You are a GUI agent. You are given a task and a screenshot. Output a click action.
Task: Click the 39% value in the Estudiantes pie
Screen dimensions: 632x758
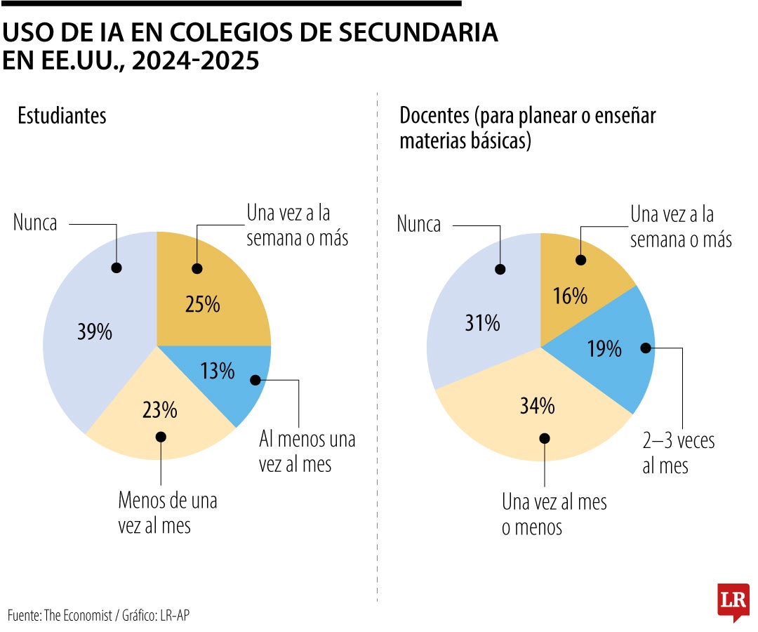tap(95, 331)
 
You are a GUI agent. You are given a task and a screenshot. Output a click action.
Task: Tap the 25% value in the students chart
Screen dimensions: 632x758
tap(203, 304)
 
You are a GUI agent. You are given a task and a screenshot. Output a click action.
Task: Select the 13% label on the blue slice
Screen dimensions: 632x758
tap(218, 371)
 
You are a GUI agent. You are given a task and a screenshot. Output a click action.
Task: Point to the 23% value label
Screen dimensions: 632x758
tap(160, 409)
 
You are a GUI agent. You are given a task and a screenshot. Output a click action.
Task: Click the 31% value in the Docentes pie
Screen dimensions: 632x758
tap(482, 323)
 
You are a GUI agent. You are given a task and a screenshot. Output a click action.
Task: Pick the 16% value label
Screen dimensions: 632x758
tap(570, 296)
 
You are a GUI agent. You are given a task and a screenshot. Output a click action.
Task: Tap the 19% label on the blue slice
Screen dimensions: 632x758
tap(604, 348)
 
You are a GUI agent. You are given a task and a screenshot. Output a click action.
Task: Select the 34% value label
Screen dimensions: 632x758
tap(538, 405)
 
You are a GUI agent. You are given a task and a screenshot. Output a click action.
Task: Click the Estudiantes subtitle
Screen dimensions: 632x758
tap(62, 115)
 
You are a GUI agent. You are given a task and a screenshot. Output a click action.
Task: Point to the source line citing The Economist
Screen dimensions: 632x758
tap(99, 615)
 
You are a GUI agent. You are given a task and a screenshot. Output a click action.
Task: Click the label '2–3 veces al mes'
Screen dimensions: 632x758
tap(678, 453)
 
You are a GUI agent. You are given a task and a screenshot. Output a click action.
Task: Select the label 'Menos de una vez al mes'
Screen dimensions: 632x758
tap(168, 513)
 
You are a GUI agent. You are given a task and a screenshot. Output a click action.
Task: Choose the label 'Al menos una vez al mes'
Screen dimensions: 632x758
tap(307, 452)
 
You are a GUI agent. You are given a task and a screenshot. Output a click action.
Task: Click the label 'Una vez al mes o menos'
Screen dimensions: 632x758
tap(554, 515)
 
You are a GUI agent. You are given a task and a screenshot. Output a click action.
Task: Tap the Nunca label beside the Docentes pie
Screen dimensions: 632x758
tap(419, 225)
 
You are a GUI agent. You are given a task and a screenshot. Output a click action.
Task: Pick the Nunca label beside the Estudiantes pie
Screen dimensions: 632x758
tap(35, 223)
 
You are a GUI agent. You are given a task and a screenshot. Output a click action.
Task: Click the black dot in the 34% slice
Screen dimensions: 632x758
tap(545, 438)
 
